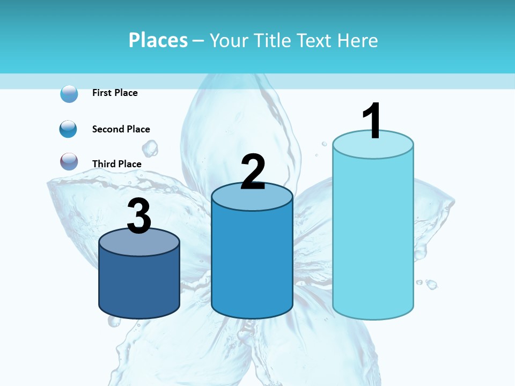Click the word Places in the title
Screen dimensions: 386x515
point(158,40)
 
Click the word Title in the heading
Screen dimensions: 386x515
point(273,40)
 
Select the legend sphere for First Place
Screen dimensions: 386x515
point(69,94)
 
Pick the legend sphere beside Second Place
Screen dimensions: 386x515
point(69,129)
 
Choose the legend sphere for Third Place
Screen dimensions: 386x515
point(69,161)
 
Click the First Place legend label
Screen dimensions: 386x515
point(115,93)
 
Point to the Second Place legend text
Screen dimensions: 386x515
point(121,129)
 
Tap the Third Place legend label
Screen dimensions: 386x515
point(116,164)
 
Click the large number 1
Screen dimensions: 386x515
point(372,121)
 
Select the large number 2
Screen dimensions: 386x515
point(253,172)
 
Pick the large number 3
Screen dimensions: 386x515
point(139,217)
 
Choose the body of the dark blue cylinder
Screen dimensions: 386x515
point(139,284)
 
